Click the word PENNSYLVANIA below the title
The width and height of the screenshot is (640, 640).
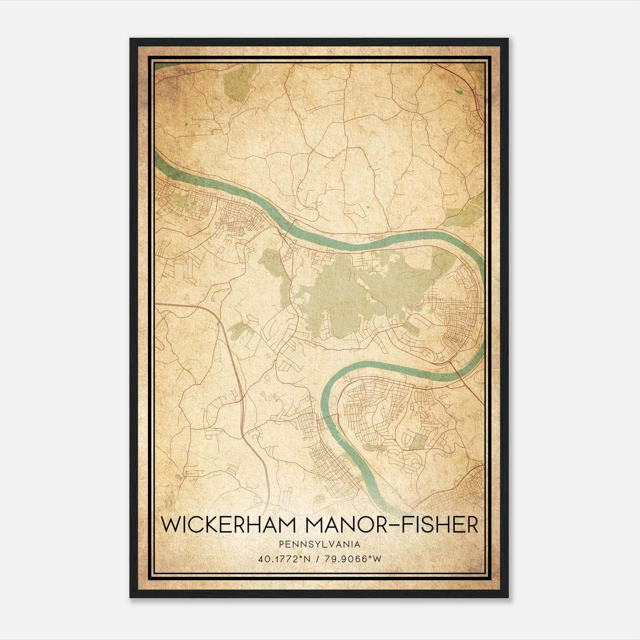[320, 544]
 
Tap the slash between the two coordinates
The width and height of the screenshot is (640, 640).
[320, 559]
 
